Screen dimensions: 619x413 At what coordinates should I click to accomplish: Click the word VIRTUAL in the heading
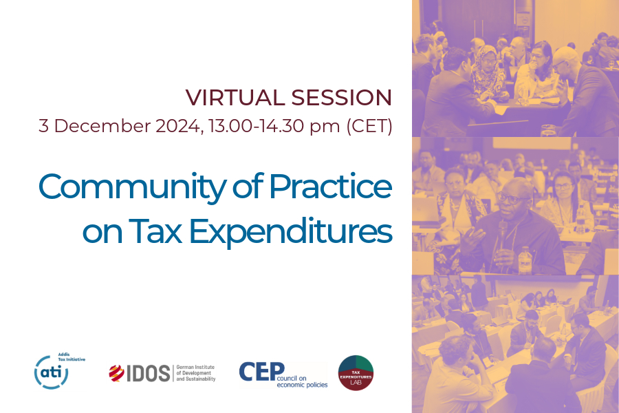click(x=235, y=98)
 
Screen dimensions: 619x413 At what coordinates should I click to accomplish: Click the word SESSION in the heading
click(x=341, y=98)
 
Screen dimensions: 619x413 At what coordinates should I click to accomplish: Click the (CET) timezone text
click(x=369, y=126)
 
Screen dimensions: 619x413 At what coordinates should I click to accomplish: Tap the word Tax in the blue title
click(x=155, y=231)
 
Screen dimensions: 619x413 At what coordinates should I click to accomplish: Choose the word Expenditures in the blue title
click(x=291, y=233)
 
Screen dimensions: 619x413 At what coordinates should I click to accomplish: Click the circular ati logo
click(x=52, y=372)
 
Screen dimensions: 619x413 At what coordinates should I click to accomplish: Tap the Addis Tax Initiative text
click(x=72, y=357)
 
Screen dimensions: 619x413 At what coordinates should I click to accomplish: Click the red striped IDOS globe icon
click(x=116, y=373)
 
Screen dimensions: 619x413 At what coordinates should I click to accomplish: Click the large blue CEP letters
click(x=261, y=372)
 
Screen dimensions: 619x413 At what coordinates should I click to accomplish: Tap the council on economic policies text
click(x=302, y=381)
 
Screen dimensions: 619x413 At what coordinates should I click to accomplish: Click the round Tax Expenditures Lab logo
click(x=356, y=372)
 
